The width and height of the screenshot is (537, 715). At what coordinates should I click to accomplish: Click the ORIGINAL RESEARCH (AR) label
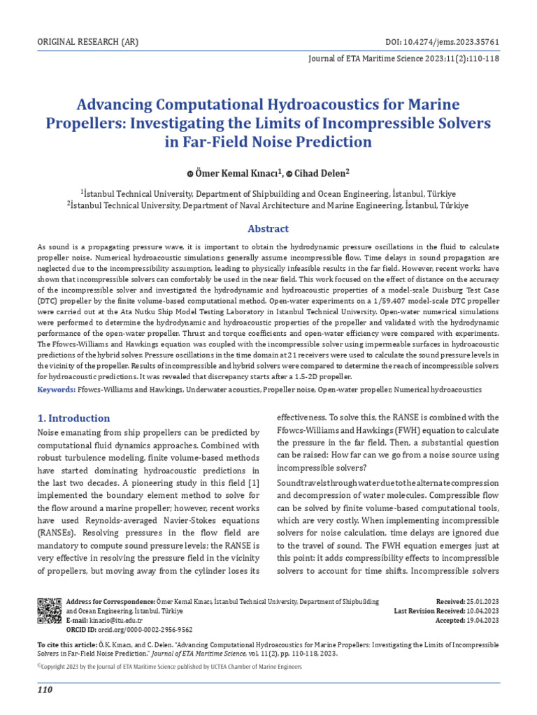pyautogui.click(x=87, y=42)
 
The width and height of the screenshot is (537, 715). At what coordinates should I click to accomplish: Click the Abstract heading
pyautogui.click(x=268, y=228)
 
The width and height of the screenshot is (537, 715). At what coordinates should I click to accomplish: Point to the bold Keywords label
pyautogui.click(x=55, y=388)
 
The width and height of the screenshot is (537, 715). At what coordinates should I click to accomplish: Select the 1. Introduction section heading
pyautogui.click(x=73, y=418)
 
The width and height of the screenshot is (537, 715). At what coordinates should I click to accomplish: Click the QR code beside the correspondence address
pyautogui.click(x=49, y=610)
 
